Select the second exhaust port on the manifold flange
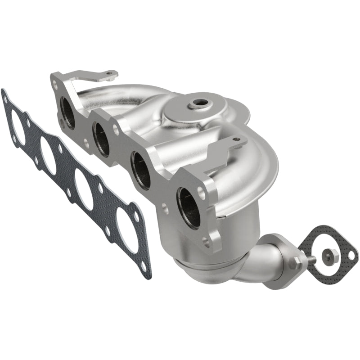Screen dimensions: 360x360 pos(102,139)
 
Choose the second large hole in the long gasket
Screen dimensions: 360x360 pos(48,155)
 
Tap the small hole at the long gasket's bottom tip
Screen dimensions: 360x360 pos(144,266)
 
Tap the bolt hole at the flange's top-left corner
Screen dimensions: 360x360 pos(55,83)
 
